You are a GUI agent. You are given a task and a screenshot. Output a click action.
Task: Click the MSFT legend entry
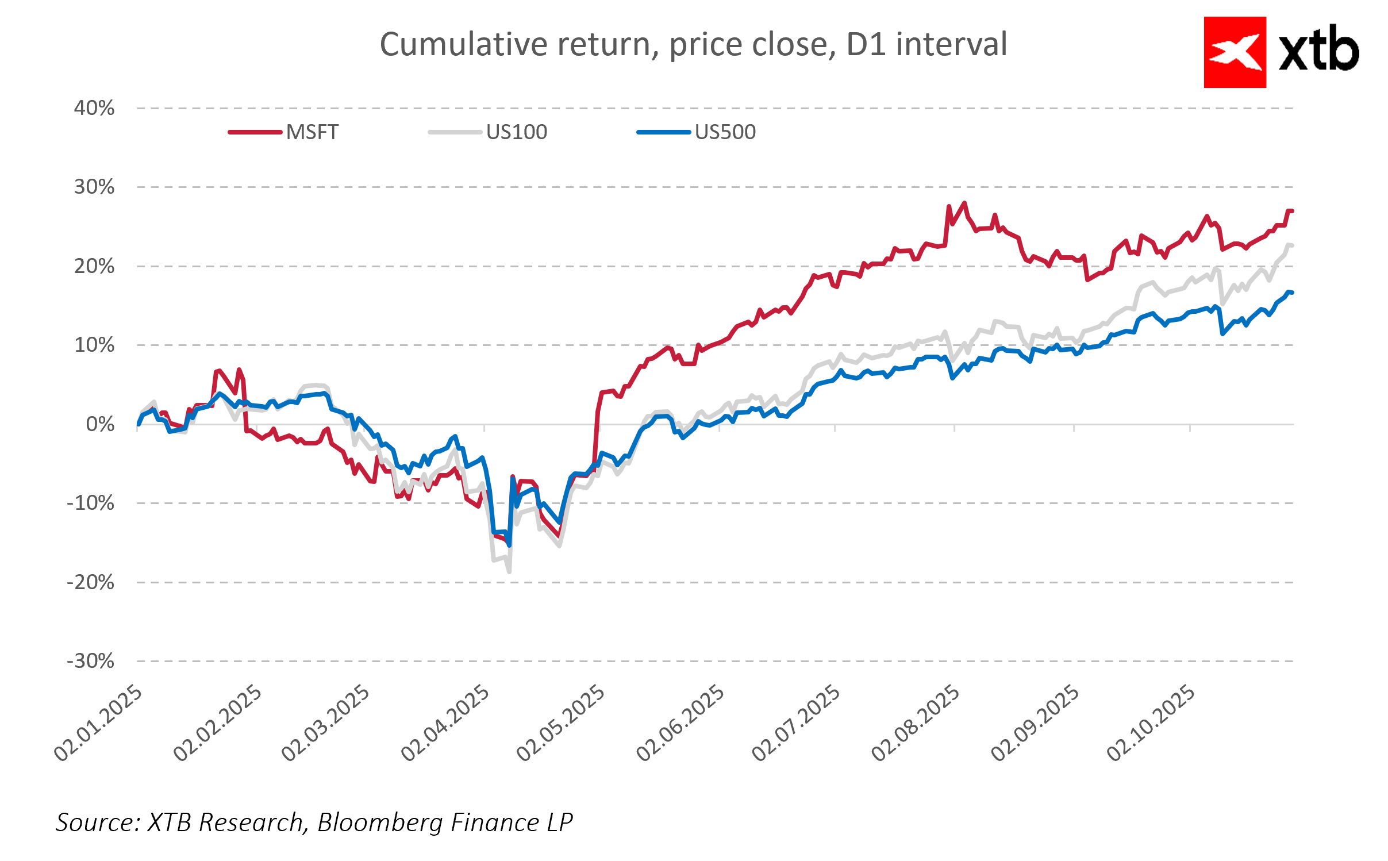pyautogui.click(x=312, y=132)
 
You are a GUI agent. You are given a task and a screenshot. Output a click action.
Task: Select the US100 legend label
pyautogui.click(x=516, y=132)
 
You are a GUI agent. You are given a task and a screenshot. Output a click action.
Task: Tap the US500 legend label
pyautogui.click(x=725, y=132)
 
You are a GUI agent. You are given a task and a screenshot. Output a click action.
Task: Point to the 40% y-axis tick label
pyautogui.click(x=94, y=108)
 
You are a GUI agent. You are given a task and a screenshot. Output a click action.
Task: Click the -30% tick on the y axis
pyautogui.click(x=91, y=661)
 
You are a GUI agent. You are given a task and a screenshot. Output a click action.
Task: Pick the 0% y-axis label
pyautogui.click(x=100, y=424)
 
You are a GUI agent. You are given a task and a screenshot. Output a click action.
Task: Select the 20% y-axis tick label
pyautogui.click(x=94, y=266)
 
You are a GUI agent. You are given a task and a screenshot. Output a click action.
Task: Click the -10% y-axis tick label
pyautogui.click(x=91, y=503)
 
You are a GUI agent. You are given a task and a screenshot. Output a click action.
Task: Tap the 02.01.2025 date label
pyautogui.click(x=98, y=723)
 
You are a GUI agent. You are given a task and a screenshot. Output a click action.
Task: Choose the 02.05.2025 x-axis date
pyautogui.click(x=561, y=723)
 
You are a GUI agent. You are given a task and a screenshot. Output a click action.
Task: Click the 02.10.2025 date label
pyautogui.click(x=1151, y=723)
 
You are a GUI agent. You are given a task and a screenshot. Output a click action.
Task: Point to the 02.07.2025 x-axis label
pyautogui.click(x=796, y=723)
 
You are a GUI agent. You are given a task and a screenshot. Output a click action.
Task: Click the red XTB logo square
pyautogui.click(x=1235, y=52)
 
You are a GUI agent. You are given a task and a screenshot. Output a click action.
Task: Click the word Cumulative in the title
pyautogui.click(x=463, y=44)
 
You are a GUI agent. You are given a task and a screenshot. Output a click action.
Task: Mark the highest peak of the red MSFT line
pyautogui.click(x=964, y=202)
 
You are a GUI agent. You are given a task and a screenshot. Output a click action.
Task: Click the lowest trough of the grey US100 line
pyautogui.click(x=509, y=571)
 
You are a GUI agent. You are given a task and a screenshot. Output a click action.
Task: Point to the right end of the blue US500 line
pyautogui.click(x=1291, y=293)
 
